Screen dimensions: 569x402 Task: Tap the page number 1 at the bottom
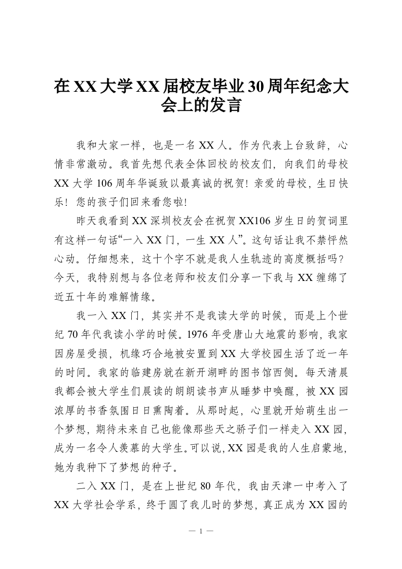pyautogui.click(x=201, y=531)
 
